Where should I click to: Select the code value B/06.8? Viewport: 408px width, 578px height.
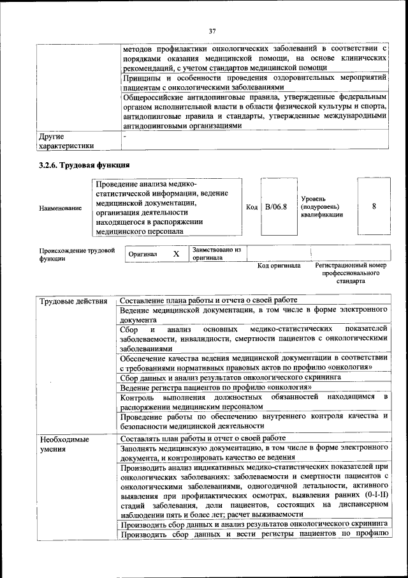pyautogui.click(x=276, y=207)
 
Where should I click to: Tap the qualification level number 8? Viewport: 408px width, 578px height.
pyautogui.click(x=374, y=206)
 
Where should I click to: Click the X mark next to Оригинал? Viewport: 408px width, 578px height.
pyautogui.click(x=176, y=254)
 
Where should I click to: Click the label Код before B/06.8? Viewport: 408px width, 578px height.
pyautogui.click(x=251, y=207)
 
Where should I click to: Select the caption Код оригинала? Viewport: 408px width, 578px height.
pyautogui.click(x=278, y=265)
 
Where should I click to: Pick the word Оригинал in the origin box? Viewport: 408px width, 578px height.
pyautogui.click(x=142, y=254)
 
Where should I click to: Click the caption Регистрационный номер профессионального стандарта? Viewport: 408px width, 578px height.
pyautogui.click(x=351, y=273)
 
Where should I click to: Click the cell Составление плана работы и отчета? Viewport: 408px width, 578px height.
pyautogui.click(x=208, y=301)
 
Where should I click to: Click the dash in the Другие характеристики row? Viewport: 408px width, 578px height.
pyautogui.click(x=125, y=137)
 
